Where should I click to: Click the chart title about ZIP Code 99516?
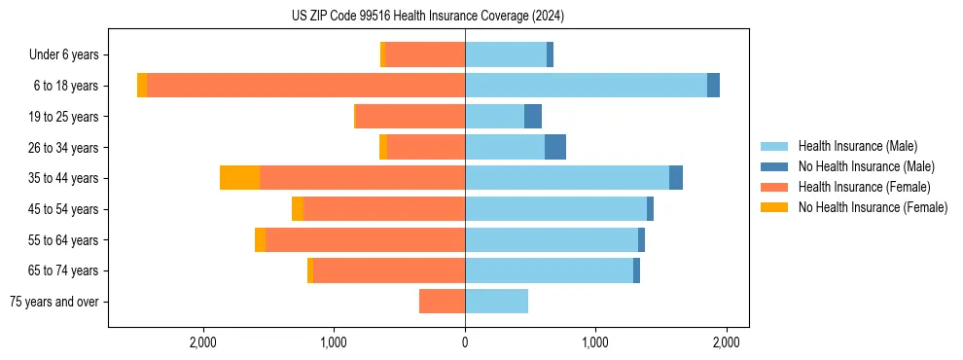coord(427,16)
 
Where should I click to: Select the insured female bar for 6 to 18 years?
coord(305,86)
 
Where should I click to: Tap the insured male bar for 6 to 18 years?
coord(586,86)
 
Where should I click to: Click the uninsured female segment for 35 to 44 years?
coord(239,178)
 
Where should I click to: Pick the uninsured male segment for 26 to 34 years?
coord(554,147)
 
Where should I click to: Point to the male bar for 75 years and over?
coord(496,302)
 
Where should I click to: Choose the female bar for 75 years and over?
coord(442,302)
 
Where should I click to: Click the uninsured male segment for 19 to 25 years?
coord(533,117)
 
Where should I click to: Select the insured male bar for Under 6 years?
coord(506,54)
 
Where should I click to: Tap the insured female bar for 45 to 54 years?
coord(383,209)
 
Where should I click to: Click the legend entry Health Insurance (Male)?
coord(857,146)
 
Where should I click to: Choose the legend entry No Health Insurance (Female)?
coord(873,207)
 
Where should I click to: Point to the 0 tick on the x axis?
coord(465,342)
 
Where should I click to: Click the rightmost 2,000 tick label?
coord(727,342)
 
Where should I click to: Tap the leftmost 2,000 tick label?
coord(203,342)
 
